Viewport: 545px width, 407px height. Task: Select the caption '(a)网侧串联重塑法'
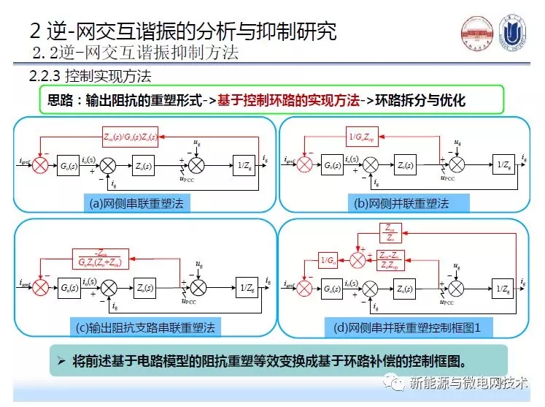pos(138,204)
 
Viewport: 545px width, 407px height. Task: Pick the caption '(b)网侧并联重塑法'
pos(401,204)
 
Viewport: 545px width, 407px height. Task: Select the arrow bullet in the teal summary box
pos(63,360)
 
